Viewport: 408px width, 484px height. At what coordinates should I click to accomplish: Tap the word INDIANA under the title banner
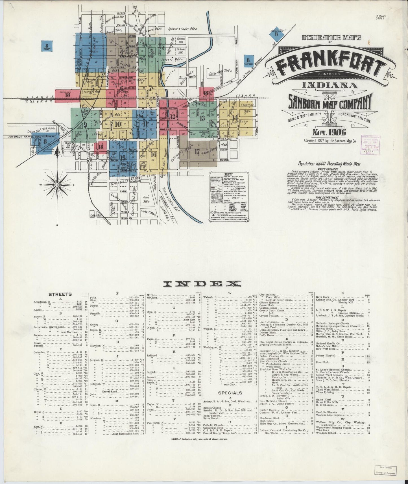point(326,85)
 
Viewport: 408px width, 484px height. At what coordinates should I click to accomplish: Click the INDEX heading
point(202,284)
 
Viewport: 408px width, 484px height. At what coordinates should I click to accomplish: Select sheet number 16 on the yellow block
point(154,154)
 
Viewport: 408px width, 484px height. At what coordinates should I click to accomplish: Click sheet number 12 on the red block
point(172,115)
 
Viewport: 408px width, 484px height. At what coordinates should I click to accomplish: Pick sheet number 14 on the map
point(235,118)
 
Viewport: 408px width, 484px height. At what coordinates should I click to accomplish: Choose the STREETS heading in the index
point(60,294)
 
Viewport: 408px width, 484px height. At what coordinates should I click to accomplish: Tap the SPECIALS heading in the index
point(230,393)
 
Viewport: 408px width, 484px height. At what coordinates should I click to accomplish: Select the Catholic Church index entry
point(213,425)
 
